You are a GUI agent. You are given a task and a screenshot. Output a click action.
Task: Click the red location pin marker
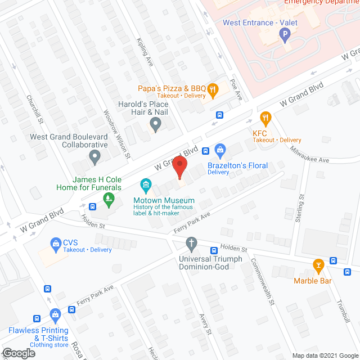point(179,168)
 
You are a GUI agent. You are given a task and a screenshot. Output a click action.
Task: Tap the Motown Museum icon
point(146,184)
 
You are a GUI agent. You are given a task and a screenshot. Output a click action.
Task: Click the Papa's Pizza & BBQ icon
point(213,88)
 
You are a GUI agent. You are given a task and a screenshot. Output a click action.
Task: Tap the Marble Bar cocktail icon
point(318,264)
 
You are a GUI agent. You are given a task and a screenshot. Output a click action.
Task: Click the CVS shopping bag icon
point(56,244)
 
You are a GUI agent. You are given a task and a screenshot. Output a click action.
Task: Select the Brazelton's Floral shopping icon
point(220,150)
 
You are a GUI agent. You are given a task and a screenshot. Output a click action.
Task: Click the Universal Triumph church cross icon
point(191,244)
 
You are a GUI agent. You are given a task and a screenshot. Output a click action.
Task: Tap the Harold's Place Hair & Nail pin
point(154,125)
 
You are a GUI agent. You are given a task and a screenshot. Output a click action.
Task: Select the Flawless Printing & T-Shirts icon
point(55,314)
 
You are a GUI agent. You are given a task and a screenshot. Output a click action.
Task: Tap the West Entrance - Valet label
point(260,23)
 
